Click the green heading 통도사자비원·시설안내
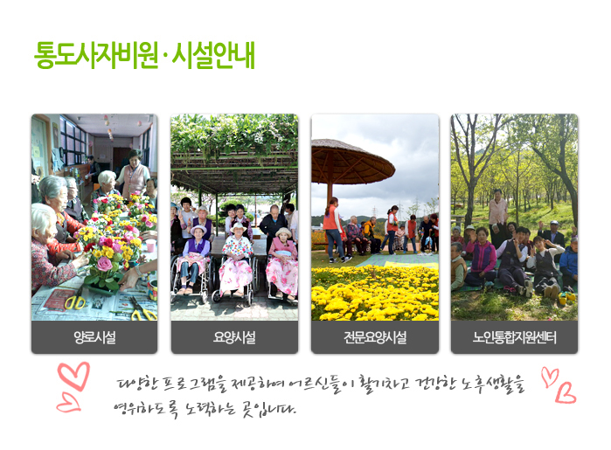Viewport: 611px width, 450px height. click(x=144, y=55)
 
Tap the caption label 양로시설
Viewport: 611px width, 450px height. click(x=94, y=337)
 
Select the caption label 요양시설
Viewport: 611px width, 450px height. click(x=234, y=337)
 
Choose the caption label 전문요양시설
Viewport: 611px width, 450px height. click(x=375, y=337)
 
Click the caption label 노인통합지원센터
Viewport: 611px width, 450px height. click(x=514, y=337)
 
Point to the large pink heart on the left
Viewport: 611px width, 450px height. click(x=73, y=376)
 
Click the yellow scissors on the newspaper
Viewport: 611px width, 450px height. click(x=75, y=302)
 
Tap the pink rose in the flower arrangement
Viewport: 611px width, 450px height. click(x=104, y=264)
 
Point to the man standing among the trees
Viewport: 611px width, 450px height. click(x=497, y=212)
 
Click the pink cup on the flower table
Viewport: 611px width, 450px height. click(x=151, y=246)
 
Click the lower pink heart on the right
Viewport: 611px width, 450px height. click(x=565, y=392)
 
